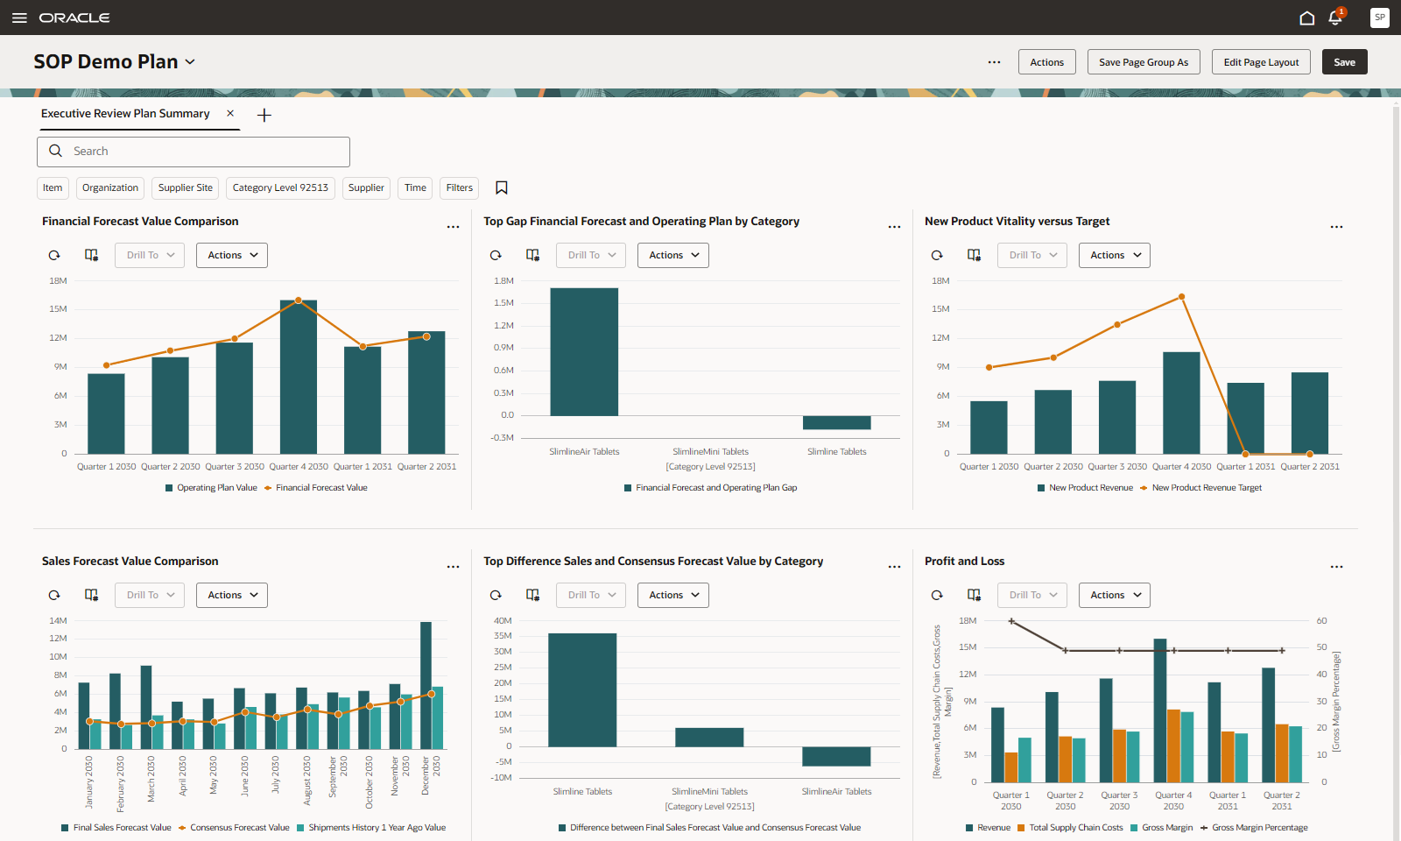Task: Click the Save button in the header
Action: point(1344,62)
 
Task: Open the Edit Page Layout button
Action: point(1261,62)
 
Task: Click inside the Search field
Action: point(201,152)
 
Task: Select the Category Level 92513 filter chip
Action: point(280,187)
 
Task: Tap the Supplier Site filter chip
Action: point(186,187)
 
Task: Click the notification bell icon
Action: point(1334,18)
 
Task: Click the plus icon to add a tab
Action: point(264,115)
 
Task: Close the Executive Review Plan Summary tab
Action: point(230,113)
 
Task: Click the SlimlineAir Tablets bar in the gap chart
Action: point(584,350)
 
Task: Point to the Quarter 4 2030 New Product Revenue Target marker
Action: point(1181,297)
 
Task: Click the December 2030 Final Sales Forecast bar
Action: point(426,683)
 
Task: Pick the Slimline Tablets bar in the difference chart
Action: point(582,689)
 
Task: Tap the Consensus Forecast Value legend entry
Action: point(239,828)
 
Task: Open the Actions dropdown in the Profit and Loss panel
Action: point(1114,595)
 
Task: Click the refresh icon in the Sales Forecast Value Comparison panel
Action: point(54,595)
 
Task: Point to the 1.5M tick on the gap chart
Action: point(503,303)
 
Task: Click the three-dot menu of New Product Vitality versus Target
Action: point(1336,227)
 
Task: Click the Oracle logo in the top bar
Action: point(74,18)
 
